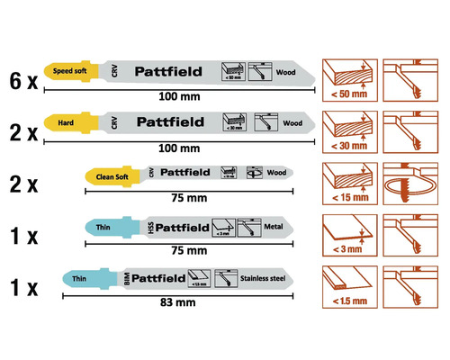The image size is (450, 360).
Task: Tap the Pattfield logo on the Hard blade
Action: tap(167, 121)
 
